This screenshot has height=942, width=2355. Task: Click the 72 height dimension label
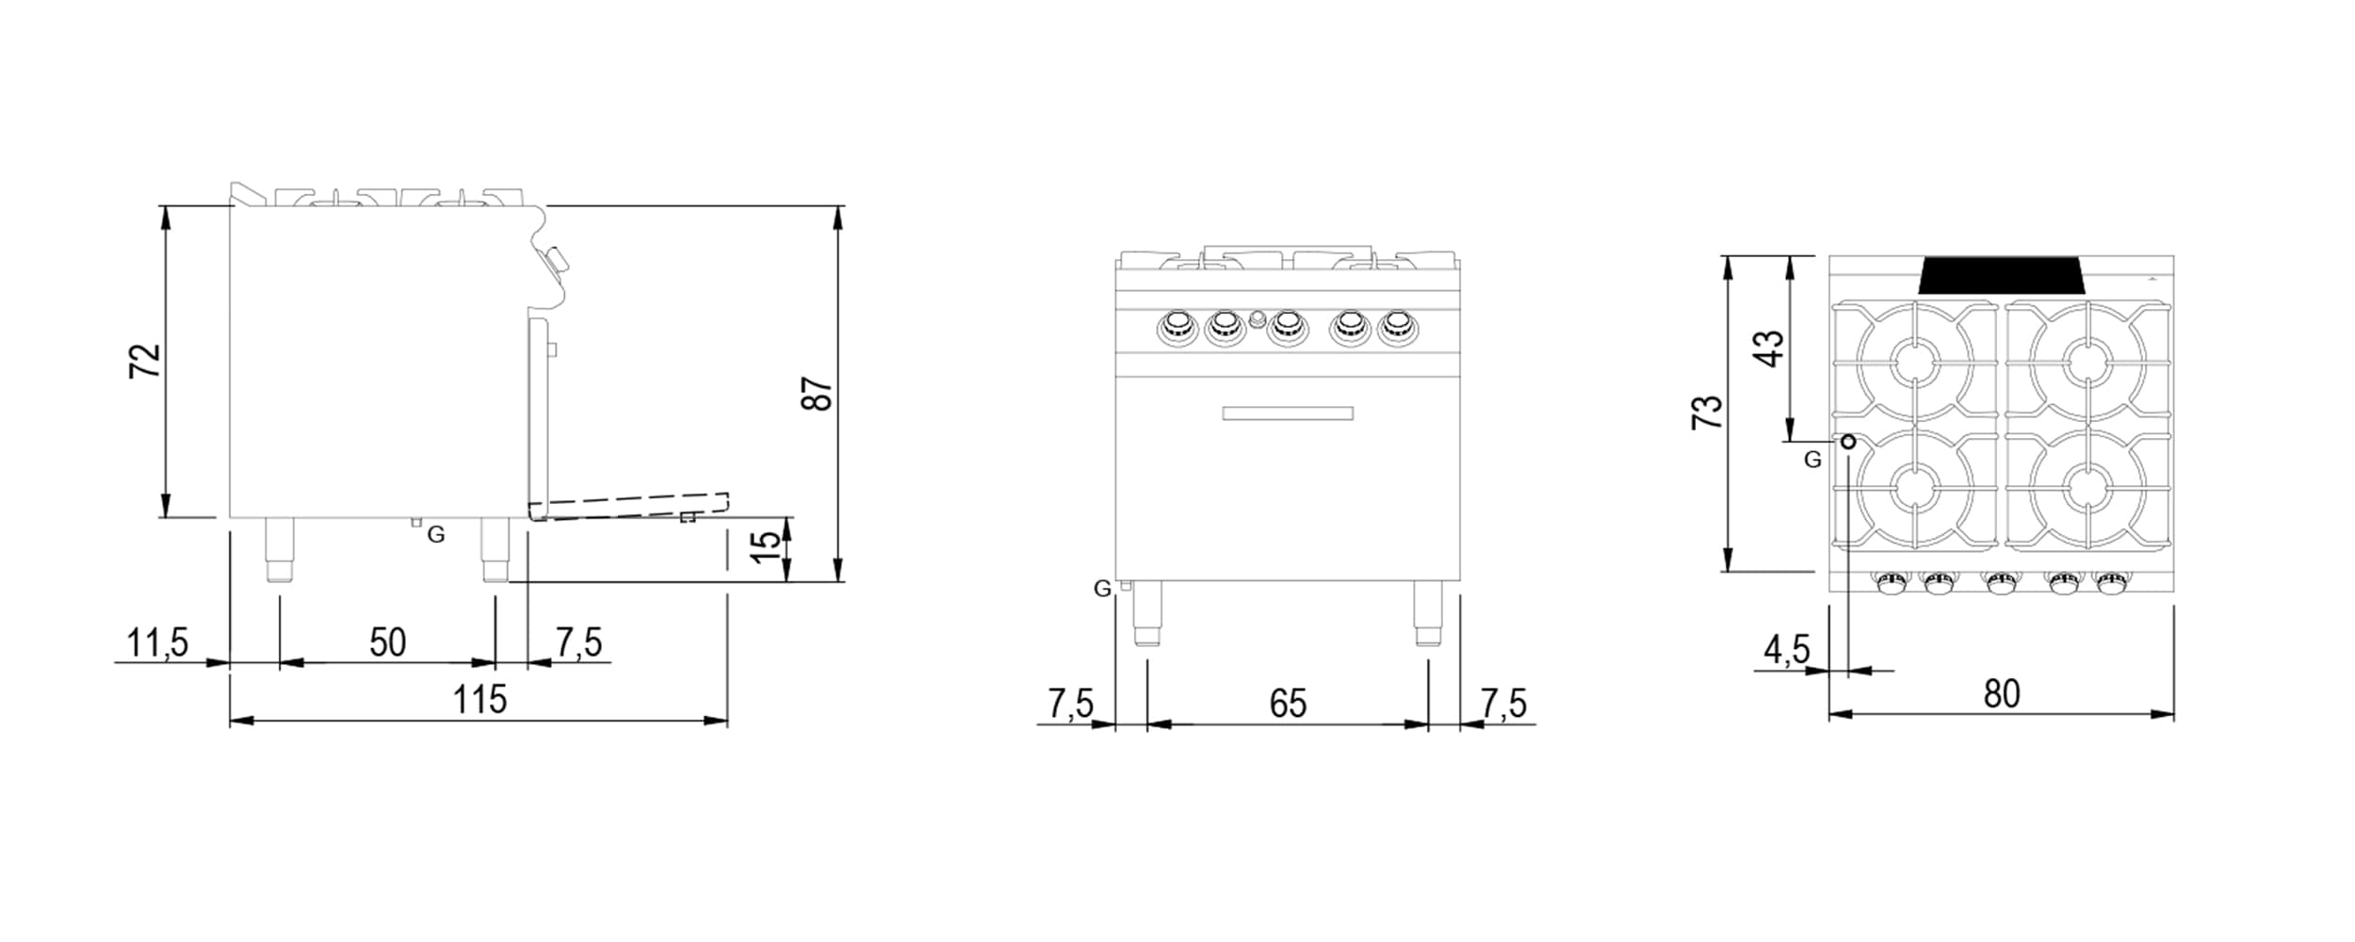point(145,362)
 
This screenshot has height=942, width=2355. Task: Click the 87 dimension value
point(818,393)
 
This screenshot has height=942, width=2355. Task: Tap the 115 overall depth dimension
point(479,700)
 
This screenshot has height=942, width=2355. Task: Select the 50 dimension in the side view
point(388,642)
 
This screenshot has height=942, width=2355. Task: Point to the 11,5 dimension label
point(157,643)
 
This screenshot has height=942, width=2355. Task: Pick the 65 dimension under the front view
point(1288,703)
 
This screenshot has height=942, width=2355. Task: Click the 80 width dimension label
point(2002,693)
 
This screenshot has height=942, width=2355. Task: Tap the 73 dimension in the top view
point(1708,413)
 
